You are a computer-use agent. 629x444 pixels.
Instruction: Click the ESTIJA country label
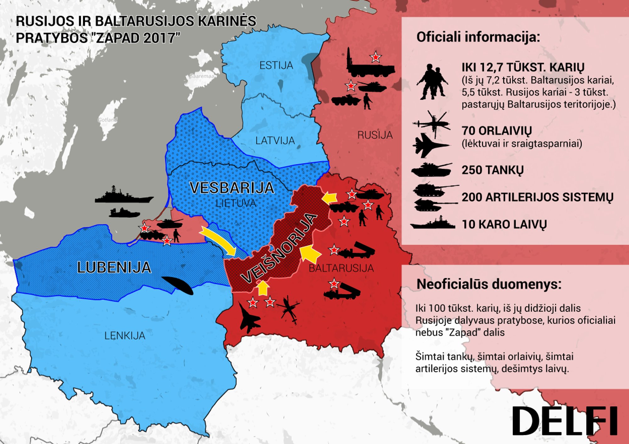click(x=276, y=65)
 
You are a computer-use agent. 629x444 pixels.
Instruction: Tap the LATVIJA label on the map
click(x=275, y=140)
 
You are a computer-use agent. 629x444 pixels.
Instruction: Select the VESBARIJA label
click(x=232, y=188)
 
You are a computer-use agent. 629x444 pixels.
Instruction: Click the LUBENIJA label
click(x=114, y=267)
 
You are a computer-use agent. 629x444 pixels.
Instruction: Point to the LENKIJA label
click(x=125, y=336)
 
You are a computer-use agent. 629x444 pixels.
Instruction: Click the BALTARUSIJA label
click(x=341, y=268)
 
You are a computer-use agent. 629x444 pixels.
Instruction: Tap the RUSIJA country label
click(x=375, y=135)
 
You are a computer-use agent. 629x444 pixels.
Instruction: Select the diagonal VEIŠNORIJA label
click(x=279, y=248)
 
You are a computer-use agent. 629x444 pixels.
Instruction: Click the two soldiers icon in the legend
click(x=432, y=82)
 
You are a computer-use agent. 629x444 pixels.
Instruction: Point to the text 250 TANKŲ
click(x=493, y=170)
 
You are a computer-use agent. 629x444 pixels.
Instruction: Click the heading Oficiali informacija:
click(x=478, y=37)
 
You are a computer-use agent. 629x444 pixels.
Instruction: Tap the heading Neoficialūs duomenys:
click(x=489, y=284)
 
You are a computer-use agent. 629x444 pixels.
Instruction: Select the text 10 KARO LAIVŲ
click(x=504, y=224)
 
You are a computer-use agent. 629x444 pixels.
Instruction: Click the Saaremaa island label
click(x=202, y=76)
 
